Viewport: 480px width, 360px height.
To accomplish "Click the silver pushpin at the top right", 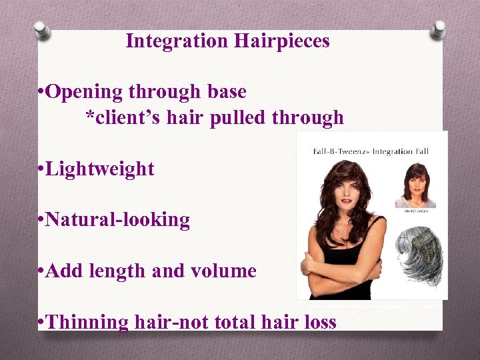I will point(438,29).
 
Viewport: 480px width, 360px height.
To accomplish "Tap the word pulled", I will point(237,119).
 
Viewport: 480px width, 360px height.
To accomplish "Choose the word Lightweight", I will point(100,169).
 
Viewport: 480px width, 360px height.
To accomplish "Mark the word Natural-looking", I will point(118,220).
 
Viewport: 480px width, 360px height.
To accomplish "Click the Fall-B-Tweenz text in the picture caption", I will point(339,152).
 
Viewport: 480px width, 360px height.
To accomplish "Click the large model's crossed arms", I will point(340,263).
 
